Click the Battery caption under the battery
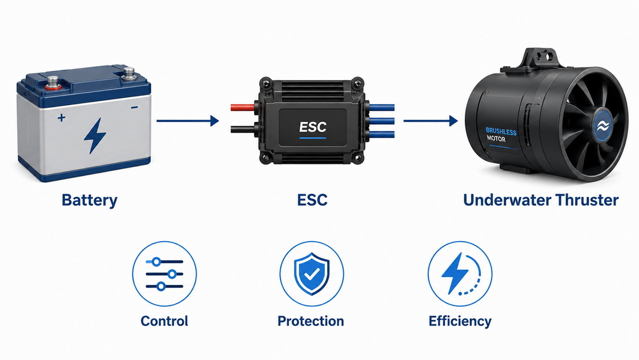tap(89, 200)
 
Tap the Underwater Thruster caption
tap(541, 200)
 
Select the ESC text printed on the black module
tap(312, 127)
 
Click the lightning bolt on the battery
tap(95, 136)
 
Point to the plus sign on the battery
tap(61, 118)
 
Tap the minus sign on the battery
tap(134, 107)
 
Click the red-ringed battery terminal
tap(53, 83)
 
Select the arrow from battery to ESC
tap(188, 121)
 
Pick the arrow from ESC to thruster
tap(431, 121)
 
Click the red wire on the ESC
tap(243, 107)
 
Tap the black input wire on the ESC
tap(243, 129)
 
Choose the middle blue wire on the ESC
tap(381, 121)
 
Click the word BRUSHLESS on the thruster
tap(501, 131)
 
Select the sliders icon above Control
tap(164, 274)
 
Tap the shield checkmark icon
tap(312, 274)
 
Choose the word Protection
tap(311, 321)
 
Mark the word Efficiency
tap(460, 321)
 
